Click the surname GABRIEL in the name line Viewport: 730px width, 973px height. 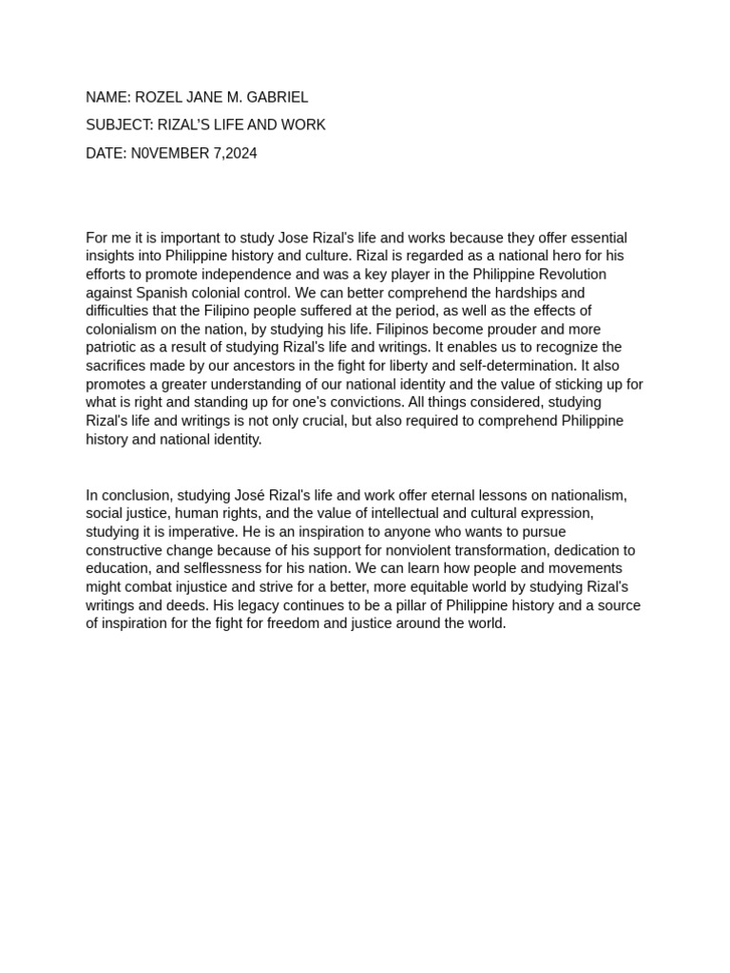(x=276, y=97)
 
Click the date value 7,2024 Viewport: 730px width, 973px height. (x=235, y=153)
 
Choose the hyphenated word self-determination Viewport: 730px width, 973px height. (x=498, y=366)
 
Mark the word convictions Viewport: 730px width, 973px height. (x=364, y=403)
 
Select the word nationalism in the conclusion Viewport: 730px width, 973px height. (x=587, y=495)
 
